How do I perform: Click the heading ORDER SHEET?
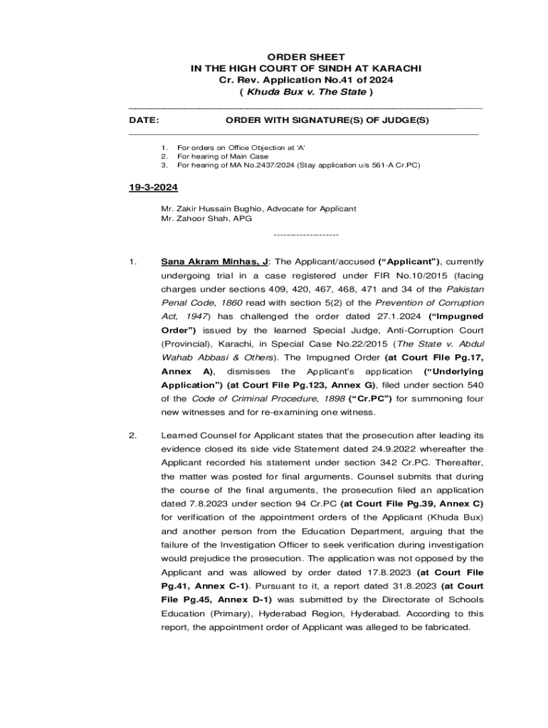coord(306,57)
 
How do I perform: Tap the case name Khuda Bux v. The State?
coord(306,92)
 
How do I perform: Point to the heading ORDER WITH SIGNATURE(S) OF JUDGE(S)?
coord(327,121)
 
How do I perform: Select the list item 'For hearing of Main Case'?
coord(223,156)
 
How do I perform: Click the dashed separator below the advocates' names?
coord(306,235)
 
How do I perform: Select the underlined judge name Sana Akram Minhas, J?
coord(214,262)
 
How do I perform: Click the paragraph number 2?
coord(133,436)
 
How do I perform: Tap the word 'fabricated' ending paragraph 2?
coord(446,627)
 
